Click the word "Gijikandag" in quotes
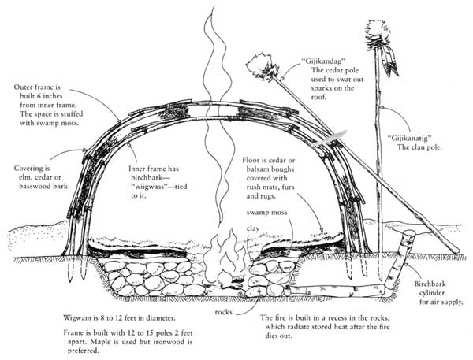click(323, 61)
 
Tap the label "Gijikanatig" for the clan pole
click(409, 139)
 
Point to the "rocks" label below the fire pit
click(224, 312)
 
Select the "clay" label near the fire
click(253, 228)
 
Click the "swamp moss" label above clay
click(266, 213)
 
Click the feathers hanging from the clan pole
click(391, 61)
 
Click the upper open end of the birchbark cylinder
click(409, 233)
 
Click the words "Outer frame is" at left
click(37, 87)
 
